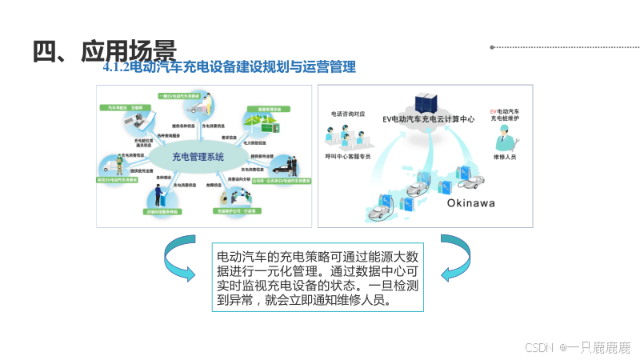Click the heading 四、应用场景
tap(104, 50)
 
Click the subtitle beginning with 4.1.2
tap(229, 68)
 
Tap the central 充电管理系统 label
tap(198, 156)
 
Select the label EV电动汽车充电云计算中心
tap(428, 118)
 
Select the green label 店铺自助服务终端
tap(162, 212)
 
